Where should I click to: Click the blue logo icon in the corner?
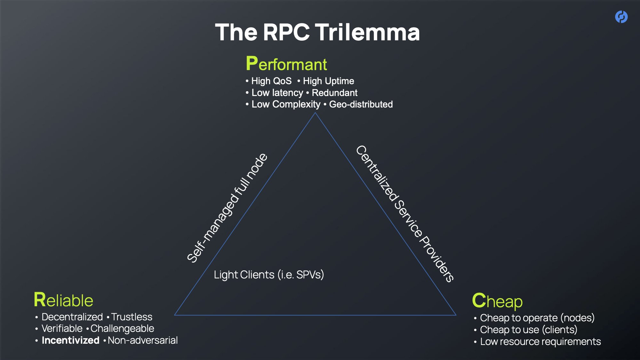tap(621, 17)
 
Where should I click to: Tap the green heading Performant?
tap(286, 64)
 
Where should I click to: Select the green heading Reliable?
tap(63, 300)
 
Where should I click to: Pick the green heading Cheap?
tap(497, 301)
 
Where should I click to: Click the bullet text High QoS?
tap(271, 81)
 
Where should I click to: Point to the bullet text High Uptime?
tap(328, 81)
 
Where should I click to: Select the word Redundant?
tap(334, 93)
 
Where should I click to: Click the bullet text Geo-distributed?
tap(361, 104)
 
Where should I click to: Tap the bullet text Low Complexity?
tap(286, 104)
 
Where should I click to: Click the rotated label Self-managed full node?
tap(227, 208)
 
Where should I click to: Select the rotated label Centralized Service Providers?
tap(405, 213)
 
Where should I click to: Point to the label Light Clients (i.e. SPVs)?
tap(269, 275)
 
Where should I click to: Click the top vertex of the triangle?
tap(315, 113)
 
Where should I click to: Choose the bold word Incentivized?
tap(70, 340)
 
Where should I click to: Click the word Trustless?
tap(132, 317)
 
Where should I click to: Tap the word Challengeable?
tap(122, 328)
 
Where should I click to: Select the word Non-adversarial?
tap(143, 340)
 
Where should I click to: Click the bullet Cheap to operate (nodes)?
tap(537, 318)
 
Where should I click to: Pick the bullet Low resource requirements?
tap(540, 341)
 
